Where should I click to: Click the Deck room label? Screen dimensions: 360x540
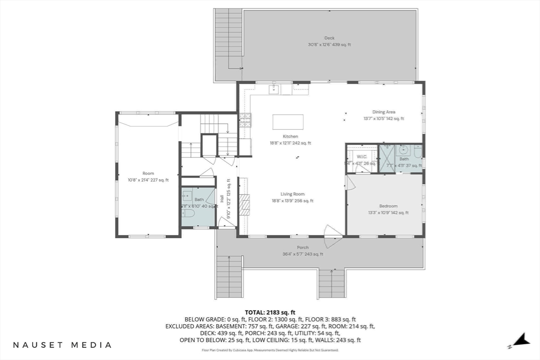click(x=330, y=38)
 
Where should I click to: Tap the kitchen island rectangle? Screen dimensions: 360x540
click(x=288, y=122)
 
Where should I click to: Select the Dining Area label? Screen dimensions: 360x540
click(x=383, y=112)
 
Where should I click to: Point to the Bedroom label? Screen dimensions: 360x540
click(x=388, y=206)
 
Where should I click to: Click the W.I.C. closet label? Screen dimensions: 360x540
click(x=362, y=157)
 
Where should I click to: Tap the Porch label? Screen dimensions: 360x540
click(x=303, y=247)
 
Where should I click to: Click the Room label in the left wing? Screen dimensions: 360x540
click(x=148, y=173)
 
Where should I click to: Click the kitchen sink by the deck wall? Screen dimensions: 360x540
click(x=274, y=90)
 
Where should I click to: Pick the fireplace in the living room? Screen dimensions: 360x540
click(x=244, y=204)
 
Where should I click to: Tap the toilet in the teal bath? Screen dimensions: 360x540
click(x=188, y=213)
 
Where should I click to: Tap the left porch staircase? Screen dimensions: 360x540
click(x=229, y=278)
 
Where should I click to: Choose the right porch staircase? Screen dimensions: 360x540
click(x=332, y=284)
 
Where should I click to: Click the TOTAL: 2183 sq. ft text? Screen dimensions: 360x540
click(x=270, y=313)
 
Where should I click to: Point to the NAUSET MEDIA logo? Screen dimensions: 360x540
click(x=62, y=345)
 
